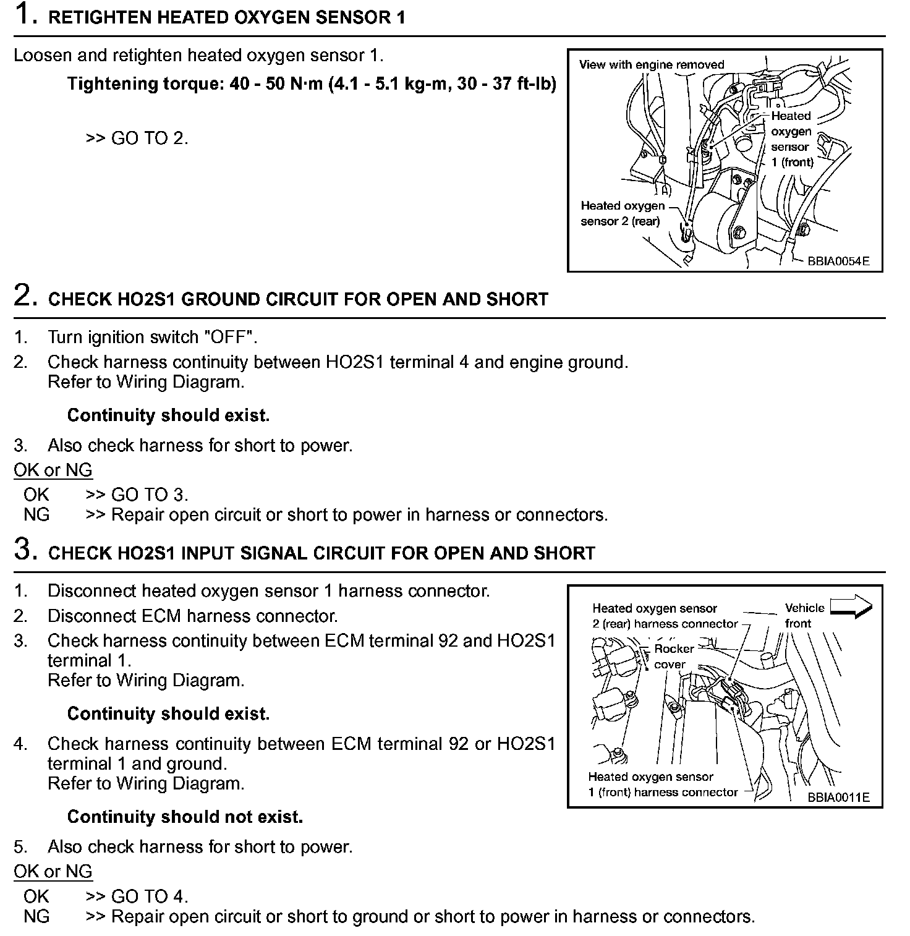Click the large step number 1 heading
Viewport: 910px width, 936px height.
(x=23, y=15)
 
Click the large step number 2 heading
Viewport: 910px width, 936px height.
(x=23, y=297)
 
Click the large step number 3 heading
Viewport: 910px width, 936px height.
(x=23, y=550)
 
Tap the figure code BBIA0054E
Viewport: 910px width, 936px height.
(x=838, y=261)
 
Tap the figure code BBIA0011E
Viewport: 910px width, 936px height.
(x=838, y=797)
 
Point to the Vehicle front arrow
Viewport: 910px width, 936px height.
(x=851, y=607)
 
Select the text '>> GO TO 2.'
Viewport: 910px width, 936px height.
(x=137, y=138)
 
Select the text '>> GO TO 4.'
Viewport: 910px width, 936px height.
(x=137, y=896)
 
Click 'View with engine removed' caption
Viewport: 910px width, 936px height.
(x=651, y=65)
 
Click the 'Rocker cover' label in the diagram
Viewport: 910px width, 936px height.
(x=673, y=657)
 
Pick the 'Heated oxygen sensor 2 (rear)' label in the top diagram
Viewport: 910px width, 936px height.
(x=622, y=213)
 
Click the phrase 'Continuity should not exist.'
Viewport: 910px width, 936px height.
(x=185, y=817)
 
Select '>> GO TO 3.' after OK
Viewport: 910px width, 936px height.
(x=137, y=494)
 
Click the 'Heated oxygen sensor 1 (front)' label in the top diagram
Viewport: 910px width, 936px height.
(x=791, y=139)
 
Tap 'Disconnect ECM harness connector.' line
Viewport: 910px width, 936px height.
(x=192, y=616)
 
